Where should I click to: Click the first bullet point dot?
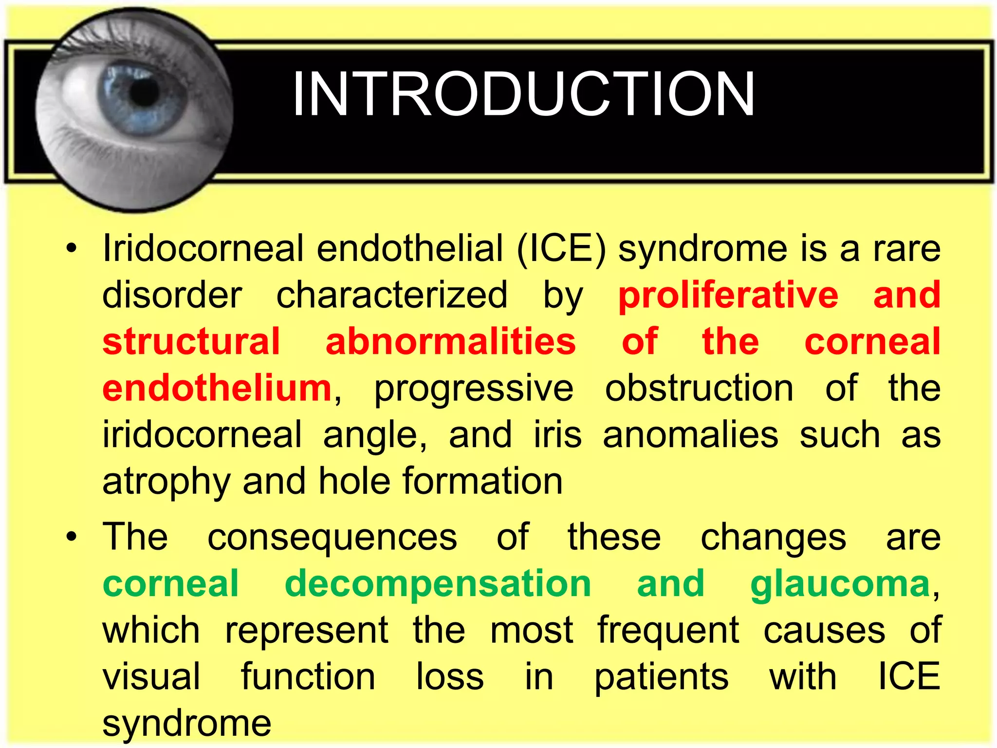click(72, 249)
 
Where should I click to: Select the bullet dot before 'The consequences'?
click(72, 538)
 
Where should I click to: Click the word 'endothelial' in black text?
click(410, 248)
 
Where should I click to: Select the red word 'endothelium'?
click(217, 388)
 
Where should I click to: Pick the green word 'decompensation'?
click(438, 583)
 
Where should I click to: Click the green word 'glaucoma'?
click(840, 584)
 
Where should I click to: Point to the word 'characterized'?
click(392, 295)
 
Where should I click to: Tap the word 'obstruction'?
click(699, 388)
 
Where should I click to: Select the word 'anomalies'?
click(690, 435)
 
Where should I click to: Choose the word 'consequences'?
click(332, 538)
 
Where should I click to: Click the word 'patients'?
click(662, 677)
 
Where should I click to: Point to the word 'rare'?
click(906, 249)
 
